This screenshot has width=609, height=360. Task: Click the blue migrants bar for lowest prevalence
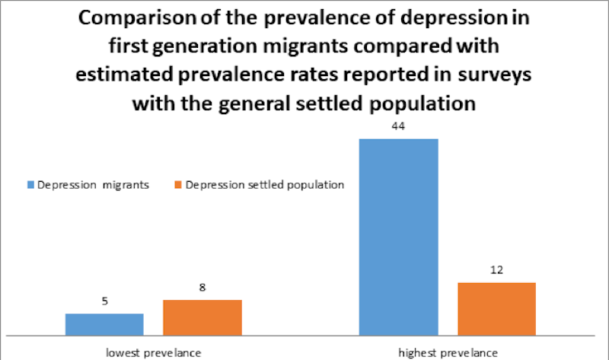[x=104, y=324]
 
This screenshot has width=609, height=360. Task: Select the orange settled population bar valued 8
[x=202, y=317]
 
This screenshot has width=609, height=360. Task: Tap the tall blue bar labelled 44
[x=398, y=237]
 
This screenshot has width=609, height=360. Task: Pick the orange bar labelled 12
[x=496, y=309]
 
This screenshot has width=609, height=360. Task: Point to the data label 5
[x=104, y=302]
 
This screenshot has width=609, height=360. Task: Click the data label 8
[x=202, y=288]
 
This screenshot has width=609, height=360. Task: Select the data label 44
[x=398, y=126]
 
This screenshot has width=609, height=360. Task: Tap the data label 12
[x=496, y=270]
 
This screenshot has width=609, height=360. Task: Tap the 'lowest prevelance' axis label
[x=153, y=352]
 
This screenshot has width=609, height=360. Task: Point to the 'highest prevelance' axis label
[x=448, y=352]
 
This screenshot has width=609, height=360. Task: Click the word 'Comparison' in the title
[x=135, y=18]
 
